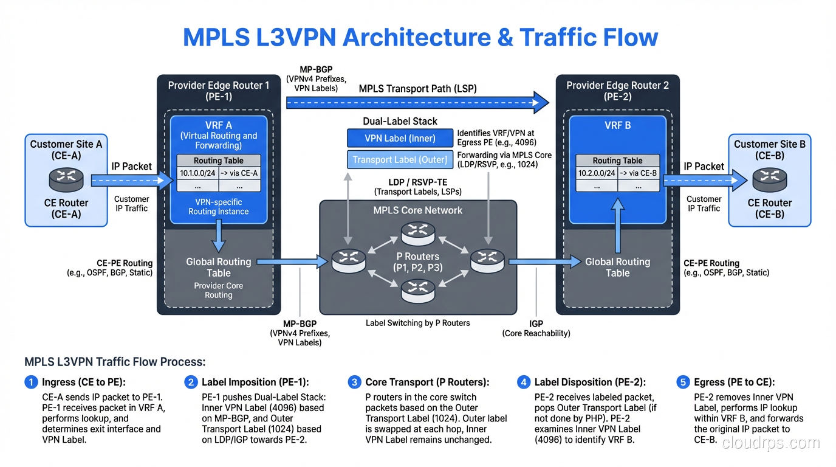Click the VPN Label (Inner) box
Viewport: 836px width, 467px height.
(x=400, y=138)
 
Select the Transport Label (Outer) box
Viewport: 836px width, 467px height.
(x=400, y=160)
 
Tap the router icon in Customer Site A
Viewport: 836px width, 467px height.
(x=66, y=179)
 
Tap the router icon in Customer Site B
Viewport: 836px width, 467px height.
(x=769, y=179)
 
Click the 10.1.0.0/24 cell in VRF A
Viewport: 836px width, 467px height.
(x=197, y=173)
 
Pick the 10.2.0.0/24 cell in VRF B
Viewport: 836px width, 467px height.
(x=596, y=173)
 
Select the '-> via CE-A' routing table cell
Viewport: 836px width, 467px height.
(x=239, y=173)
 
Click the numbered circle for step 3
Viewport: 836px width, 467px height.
(x=354, y=382)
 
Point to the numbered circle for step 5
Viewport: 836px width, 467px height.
(x=683, y=382)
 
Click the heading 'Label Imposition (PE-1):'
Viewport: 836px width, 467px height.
(x=255, y=382)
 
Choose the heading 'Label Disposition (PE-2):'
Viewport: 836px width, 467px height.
(x=589, y=382)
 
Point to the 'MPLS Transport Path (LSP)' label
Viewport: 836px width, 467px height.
(x=417, y=89)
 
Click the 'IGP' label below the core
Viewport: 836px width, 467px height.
(x=536, y=324)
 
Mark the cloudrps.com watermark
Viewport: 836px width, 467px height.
(x=770, y=443)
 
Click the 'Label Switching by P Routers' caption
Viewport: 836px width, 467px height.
(x=417, y=323)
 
